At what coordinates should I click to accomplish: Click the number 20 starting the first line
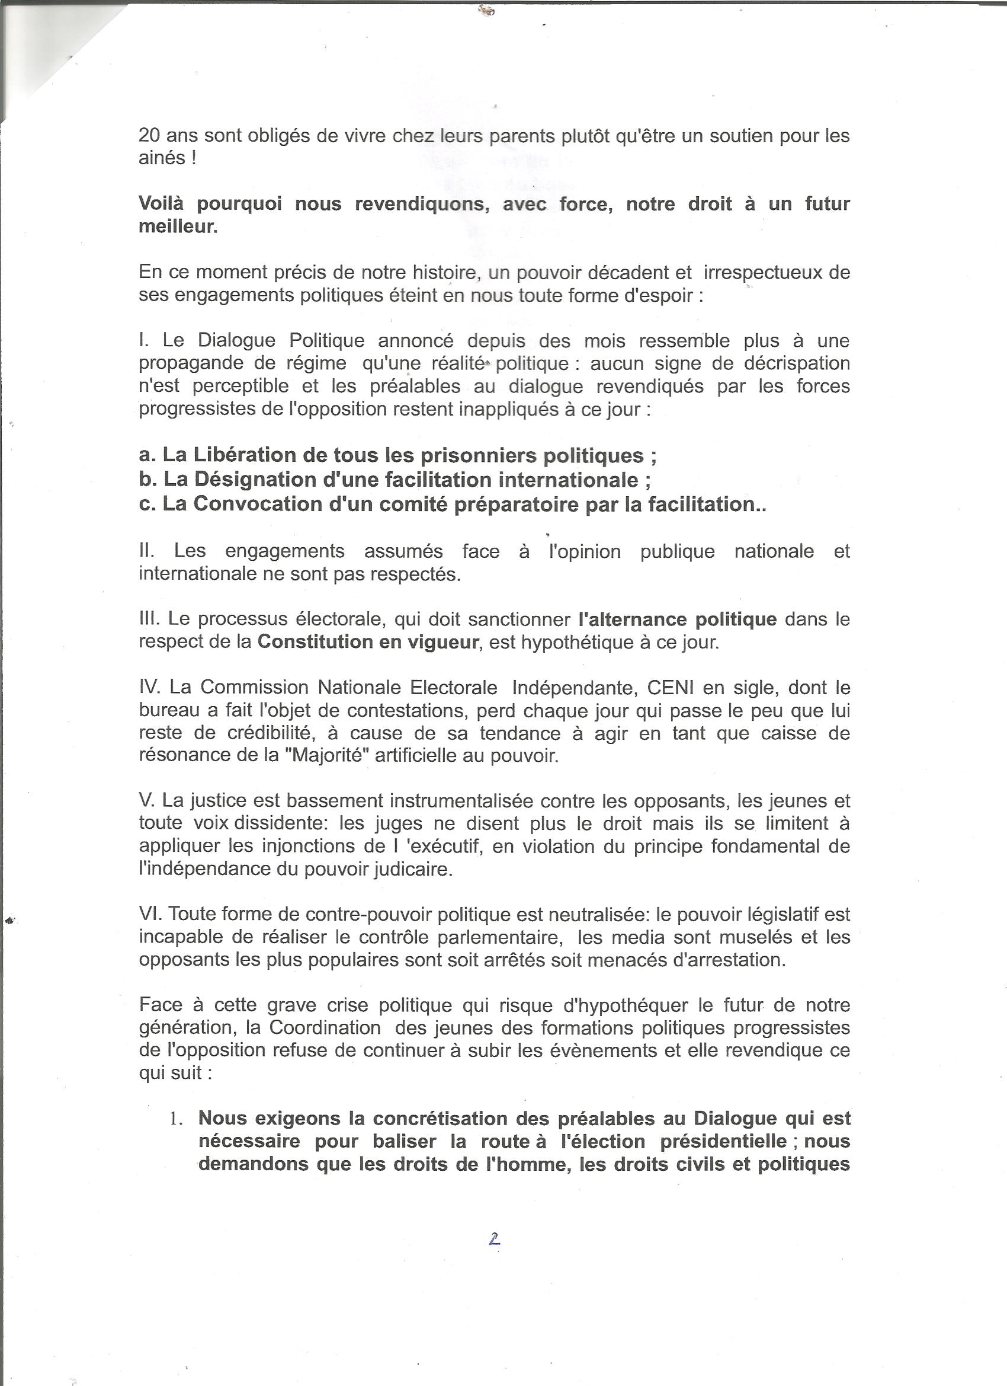(150, 135)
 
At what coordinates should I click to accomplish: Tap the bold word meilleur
(178, 226)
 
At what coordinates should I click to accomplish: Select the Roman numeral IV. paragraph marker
(150, 688)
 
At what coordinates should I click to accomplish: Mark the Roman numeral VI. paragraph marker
(150, 915)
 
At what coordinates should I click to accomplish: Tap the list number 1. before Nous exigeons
(177, 1119)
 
